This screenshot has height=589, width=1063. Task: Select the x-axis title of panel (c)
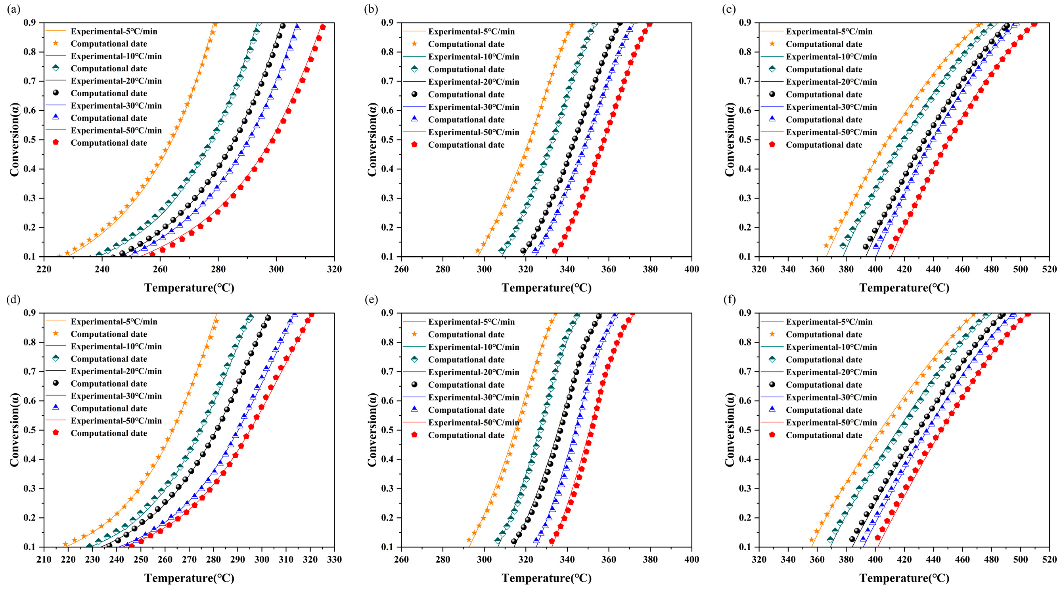click(904, 288)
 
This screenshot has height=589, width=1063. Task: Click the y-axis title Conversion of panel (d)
click(15, 429)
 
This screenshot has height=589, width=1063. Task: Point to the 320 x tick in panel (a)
click(334, 269)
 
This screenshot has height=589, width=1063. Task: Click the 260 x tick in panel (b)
click(401, 269)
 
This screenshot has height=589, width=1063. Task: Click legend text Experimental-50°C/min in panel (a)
click(116, 130)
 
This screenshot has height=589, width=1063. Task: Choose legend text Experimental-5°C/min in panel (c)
click(829, 31)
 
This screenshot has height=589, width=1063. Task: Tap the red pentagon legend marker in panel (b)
click(415, 145)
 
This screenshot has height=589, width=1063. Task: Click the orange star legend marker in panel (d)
click(56, 334)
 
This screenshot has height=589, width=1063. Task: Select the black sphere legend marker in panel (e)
click(415, 385)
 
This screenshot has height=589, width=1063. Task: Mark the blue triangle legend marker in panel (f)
click(772, 410)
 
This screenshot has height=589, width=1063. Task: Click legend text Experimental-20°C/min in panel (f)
click(831, 372)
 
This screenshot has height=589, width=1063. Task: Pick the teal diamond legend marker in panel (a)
click(56, 69)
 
